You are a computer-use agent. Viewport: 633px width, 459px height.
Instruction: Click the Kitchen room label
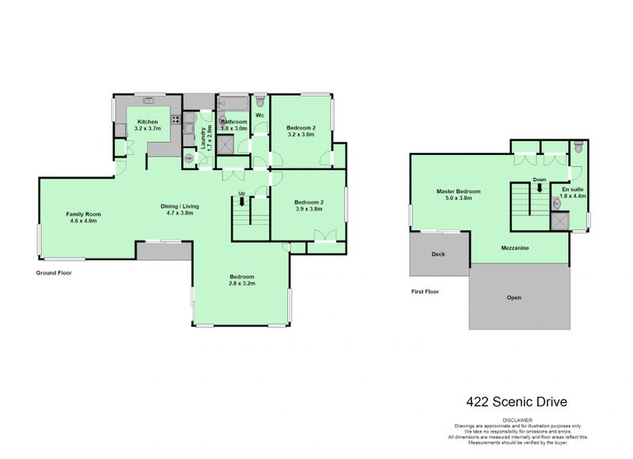click(x=148, y=121)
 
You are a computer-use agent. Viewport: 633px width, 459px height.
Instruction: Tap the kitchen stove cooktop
click(x=176, y=121)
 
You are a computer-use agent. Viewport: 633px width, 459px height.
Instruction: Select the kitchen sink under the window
click(x=148, y=101)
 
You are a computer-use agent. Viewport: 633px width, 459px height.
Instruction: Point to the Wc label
click(x=260, y=116)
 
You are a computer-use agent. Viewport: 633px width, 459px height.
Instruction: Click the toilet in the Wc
click(x=260, y=101)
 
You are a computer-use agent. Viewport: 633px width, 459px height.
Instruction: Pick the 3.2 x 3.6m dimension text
click(x=301, y=135)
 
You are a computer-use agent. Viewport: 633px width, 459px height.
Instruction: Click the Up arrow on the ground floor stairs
click(x=242, y=201)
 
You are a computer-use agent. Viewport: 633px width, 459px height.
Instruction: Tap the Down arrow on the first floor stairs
click(x=540, y=188)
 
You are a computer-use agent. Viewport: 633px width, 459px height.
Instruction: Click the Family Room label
click(x=83, y=214)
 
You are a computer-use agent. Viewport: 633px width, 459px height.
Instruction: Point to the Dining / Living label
click(x=182, y=206)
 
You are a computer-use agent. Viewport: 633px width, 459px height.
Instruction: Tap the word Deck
click(x=438, y=254)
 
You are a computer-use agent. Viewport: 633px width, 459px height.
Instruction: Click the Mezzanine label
click(x=515, y=248)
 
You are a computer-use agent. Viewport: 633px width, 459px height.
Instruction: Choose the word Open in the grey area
click(x=514, y=298)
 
